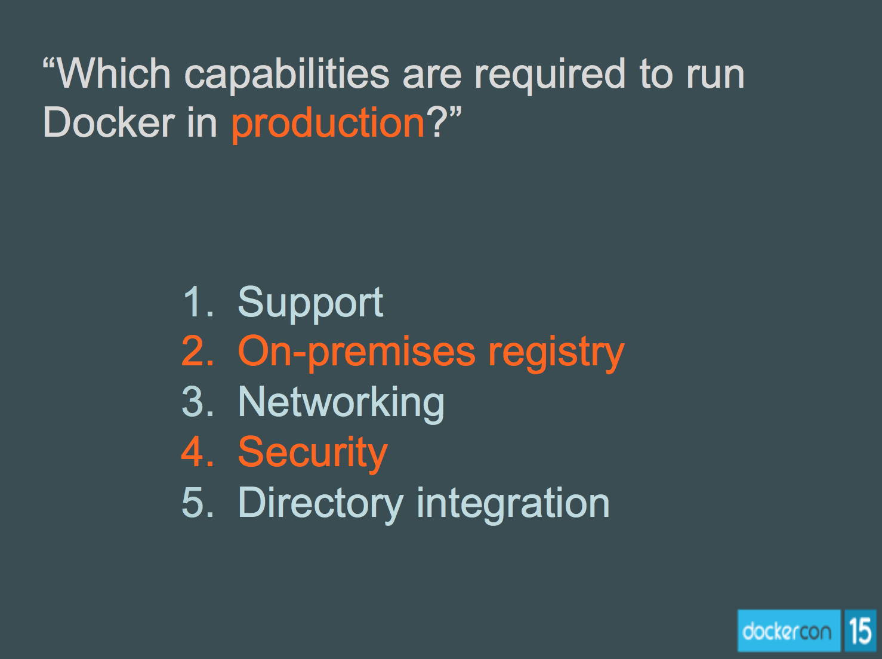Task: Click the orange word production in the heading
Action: [328, 123]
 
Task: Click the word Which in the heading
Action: [113, 74]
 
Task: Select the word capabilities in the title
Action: [286, 74]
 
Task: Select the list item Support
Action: [310, 303]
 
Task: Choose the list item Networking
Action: [341, 403]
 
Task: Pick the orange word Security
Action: [313, 453]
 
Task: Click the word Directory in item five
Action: [320, 503]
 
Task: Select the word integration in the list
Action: [513, 503]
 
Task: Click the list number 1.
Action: [195, 301]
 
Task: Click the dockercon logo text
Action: [787, 631]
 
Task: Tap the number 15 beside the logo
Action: [860, 631]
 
